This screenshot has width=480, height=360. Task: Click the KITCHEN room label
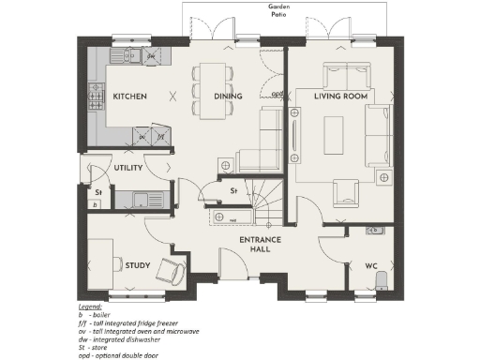pyautogui.click(x=129, y=97)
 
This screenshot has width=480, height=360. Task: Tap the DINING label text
pyautogui.click(x=228, y=97)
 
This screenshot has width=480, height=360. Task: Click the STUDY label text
pyautogui.click(x=137, y=265)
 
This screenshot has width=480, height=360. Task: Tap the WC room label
pyautogui.click(x=370, y=265)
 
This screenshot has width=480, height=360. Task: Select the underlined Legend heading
pyautogui.click(x=90, y=307)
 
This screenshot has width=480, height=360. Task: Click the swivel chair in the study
pyautogui.click(x=172, y=271)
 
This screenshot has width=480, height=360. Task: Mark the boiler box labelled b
pyautogui.click(x=94, y=203)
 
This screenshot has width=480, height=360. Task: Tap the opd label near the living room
pyautogui.click(x=277, y=94)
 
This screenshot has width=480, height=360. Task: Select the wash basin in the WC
pyautogui.click(x=375, y=230)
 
